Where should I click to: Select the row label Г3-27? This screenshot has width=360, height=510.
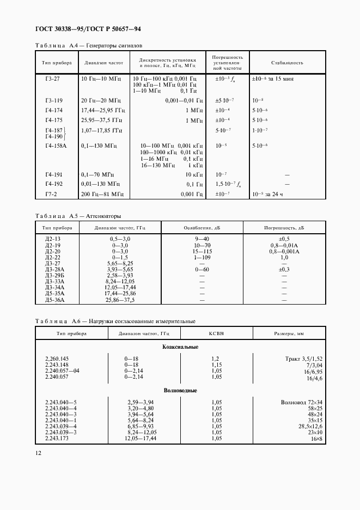pyautogui.click(x=54, y=79)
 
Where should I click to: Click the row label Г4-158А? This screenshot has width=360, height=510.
pyautogui.click(x=56, y=146)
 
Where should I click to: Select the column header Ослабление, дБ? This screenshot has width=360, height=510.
pyautogui.click(x=202, y=228)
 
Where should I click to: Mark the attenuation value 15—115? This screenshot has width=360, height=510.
pyautogui.click(x=202, y=252)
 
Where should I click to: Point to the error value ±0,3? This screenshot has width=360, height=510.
pyautogui.click(x=283, y=270)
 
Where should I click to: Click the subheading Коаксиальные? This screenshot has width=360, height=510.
pyautogui.click(x=180, y=347)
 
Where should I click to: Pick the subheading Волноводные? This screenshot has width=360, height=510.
pyautogui.click(x=180, y=391)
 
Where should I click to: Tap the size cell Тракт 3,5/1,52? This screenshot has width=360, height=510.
pyautogui.click(x=303, y=359)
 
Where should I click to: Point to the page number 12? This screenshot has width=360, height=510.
pyautogui.click(x=38, y=453)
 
